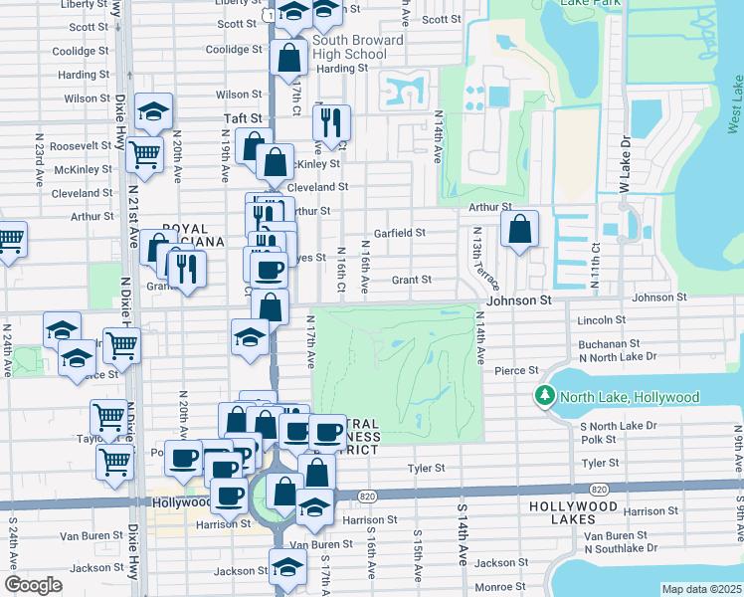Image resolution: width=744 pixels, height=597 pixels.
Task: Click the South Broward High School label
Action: [x=349, y=47]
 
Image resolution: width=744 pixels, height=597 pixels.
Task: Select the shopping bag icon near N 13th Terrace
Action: [x=519, y=229]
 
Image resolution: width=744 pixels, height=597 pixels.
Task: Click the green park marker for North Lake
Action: [x=544, y=397]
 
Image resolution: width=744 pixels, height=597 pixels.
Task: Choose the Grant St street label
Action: [x=411, y=281]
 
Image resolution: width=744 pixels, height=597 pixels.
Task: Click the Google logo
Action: [x=33, y=585]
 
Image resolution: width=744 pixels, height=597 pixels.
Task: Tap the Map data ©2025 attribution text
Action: [x=700, y=589]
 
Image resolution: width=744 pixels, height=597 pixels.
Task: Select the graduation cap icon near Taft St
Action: [x=154, y=111]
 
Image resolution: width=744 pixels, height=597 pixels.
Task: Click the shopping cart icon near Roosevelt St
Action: [x=145, y=154]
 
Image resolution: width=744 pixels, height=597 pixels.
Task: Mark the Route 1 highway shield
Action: [x=272, y=17]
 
